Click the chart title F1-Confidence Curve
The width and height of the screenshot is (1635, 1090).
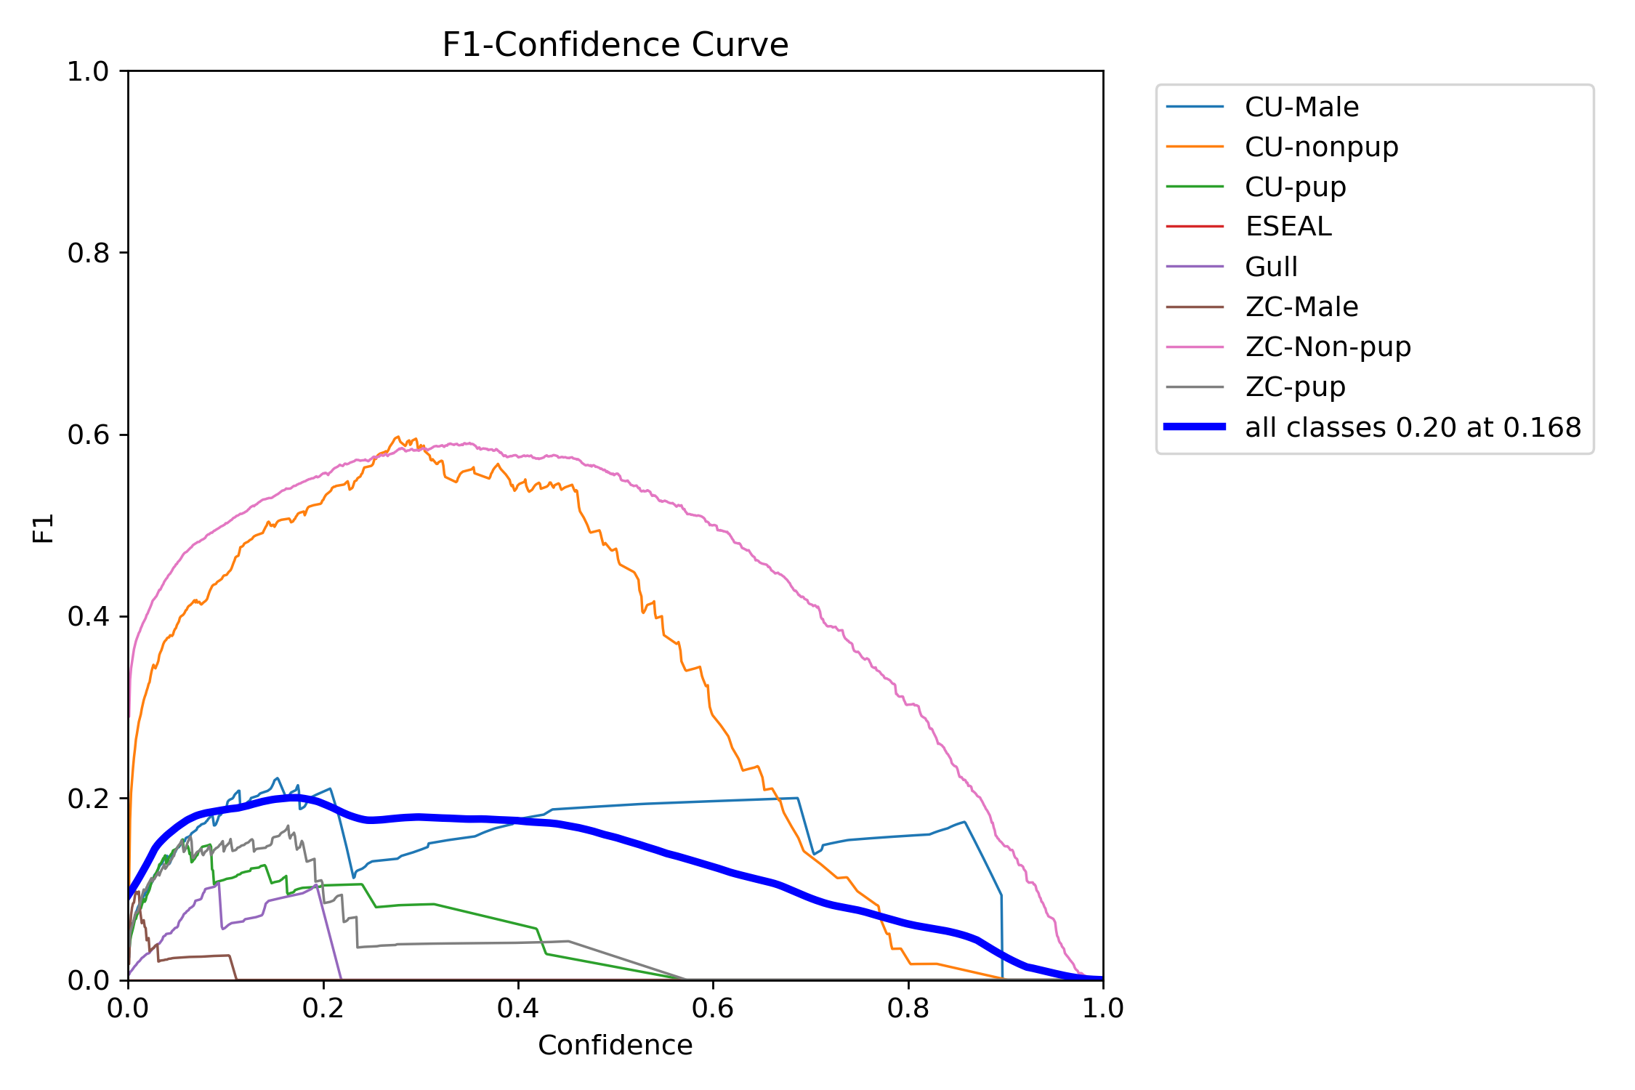coord(615,45)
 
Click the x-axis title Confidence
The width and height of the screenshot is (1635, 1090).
coord(615,1045)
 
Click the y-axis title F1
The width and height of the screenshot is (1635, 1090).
coord(44,528)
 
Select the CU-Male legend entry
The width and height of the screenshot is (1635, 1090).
coord(1301,108)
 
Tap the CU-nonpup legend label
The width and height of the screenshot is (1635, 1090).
coord(1321,148)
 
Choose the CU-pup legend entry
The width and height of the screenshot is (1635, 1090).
coord(1295,187)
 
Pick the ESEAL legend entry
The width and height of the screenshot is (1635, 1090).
coord(1288,227)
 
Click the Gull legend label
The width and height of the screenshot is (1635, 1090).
coord(1271,267)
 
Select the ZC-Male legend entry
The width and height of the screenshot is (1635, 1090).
coord(1301,307)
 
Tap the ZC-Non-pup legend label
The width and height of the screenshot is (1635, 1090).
coord(1328,347)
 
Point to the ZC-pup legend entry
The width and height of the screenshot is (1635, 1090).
coord(1295,387)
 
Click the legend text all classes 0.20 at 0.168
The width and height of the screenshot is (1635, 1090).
coord(1413,427)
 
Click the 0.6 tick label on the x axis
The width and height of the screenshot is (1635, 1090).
coord(713,1008)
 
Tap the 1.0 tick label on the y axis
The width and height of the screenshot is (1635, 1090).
coord(88,71)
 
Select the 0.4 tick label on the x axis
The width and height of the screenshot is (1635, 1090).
coord(518,1008)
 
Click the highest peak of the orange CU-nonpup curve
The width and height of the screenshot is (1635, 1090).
coord(397,437)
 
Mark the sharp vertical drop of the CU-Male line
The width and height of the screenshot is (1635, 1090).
coord(1001,937)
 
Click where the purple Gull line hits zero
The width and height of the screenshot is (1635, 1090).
coord(341,979)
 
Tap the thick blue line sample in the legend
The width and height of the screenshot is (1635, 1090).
coord(1195,427)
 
